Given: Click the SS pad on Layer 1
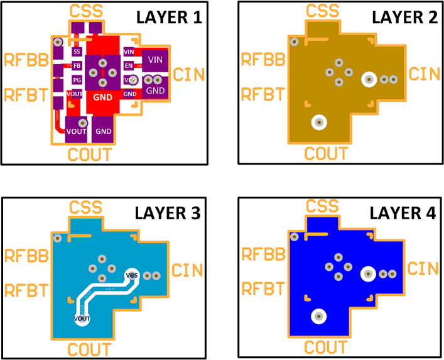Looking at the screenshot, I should tap(77, 52).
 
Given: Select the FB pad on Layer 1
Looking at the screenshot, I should tap(77, 66).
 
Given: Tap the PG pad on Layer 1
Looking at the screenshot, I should tap(77, 80).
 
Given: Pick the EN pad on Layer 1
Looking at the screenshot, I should tap(129, 65).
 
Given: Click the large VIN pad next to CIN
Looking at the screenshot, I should tap(155, 59).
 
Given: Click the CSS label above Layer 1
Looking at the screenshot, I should tap(87, 11).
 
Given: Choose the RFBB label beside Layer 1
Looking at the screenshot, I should tap(24, 60).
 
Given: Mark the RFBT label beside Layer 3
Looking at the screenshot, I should tap(24, 290).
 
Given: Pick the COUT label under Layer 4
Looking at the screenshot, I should tap(325, 347).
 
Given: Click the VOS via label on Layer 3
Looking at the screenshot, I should tap(132, 275).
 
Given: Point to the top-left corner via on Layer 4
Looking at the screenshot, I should tap(293, 237).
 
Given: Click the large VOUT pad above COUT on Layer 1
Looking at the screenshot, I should tap(76, 131).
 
